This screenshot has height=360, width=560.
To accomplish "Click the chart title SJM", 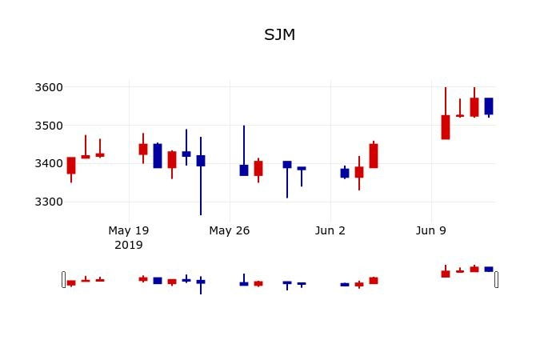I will pos(280,35).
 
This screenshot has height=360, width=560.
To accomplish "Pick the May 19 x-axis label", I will pos(129,230).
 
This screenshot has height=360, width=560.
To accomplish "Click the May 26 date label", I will pos(230,230).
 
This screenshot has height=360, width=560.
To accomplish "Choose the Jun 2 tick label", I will pos(330,230).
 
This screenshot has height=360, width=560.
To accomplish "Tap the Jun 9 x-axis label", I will pos(431,230).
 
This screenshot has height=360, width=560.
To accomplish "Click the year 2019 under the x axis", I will pos(129,245).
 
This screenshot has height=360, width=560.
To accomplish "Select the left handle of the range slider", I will pos(64,279).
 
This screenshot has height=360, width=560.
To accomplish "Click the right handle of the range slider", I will pos(496,279).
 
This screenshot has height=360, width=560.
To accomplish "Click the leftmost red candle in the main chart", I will pos(71,166).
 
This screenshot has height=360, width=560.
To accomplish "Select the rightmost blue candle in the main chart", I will pos(489,106).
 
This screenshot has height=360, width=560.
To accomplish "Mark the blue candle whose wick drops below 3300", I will pos(201,161).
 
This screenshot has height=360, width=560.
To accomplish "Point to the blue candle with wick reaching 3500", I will pos(244,170).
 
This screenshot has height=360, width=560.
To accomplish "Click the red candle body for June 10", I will pos(446,127).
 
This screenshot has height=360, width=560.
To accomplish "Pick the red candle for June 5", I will pos(374,156).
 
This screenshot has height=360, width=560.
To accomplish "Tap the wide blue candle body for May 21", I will pos(158,156).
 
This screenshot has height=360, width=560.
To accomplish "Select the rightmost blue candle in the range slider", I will pos(489,270).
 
